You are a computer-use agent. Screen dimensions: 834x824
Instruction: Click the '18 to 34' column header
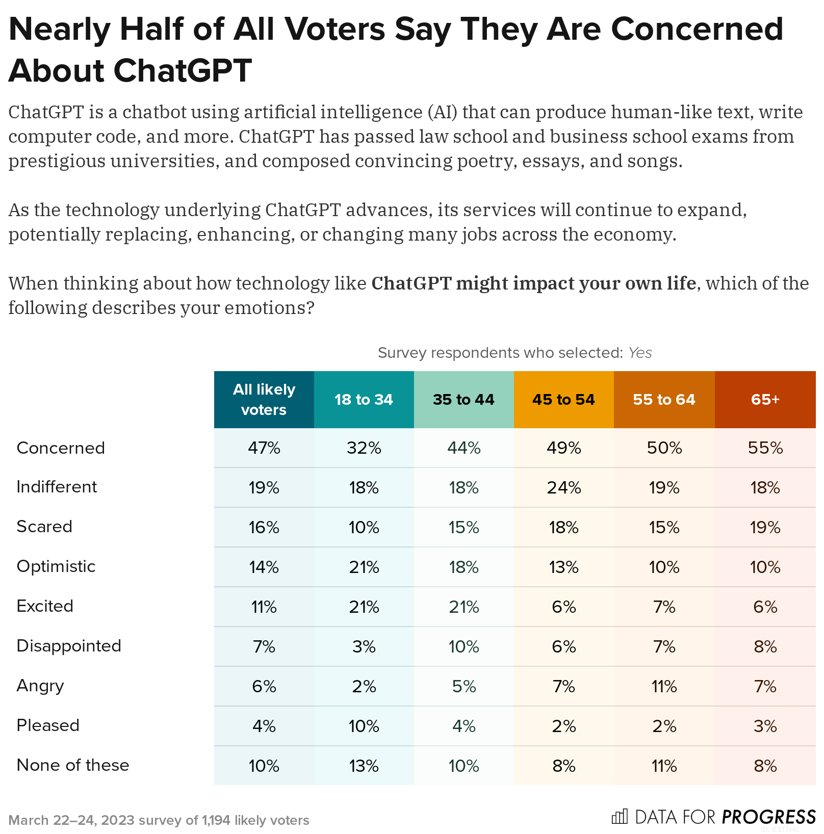tap(364, 399)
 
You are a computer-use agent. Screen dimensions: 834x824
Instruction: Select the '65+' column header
tap(765, 399)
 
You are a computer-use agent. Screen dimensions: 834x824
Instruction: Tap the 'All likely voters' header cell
tap(264, 399)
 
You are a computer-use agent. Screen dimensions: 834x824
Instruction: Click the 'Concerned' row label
tap(61, 448)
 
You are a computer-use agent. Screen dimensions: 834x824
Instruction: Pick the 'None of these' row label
tap(73, 765)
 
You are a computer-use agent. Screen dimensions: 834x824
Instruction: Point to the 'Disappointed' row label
tap(69, 645)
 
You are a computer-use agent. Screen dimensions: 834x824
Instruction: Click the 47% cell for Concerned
tap(264, 448)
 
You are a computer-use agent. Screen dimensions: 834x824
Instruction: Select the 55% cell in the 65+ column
tap(765, 448)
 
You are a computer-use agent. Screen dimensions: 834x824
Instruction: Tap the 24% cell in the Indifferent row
tap(563, 487)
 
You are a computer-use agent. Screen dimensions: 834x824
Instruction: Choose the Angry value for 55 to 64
tap(664, 686)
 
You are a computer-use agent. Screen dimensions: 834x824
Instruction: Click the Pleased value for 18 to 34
tap(364, 726)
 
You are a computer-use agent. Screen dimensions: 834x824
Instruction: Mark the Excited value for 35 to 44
tap(463, 607)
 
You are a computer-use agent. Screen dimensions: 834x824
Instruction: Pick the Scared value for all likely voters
tap(264, 527)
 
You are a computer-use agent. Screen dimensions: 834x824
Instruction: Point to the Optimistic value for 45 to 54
tap(563, 567)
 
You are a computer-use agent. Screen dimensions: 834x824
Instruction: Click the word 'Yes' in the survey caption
tap(640, 353)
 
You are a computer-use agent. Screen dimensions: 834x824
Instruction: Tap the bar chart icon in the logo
tap(620, 817)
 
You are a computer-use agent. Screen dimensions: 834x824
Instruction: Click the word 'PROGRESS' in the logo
tap(768, 817)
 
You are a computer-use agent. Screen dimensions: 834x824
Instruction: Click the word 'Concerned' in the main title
tap(697, 29)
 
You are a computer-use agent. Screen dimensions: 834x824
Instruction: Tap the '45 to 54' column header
tap(563, 399)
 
